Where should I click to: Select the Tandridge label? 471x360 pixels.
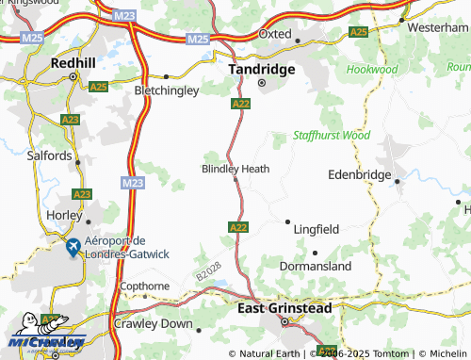[263, 69]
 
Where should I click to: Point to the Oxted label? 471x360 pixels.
[275, 33]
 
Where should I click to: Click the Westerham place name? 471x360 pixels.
[437, 27]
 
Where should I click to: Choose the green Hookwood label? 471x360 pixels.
[372, 70]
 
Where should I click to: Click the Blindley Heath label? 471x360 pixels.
[235, 169]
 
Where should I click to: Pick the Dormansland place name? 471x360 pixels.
[316, 266]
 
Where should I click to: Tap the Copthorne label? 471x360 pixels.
[144, 286]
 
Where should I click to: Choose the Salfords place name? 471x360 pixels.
[49, 155]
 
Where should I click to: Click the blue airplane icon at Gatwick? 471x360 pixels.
[73, 248]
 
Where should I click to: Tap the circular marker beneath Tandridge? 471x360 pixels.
[263, 82]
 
